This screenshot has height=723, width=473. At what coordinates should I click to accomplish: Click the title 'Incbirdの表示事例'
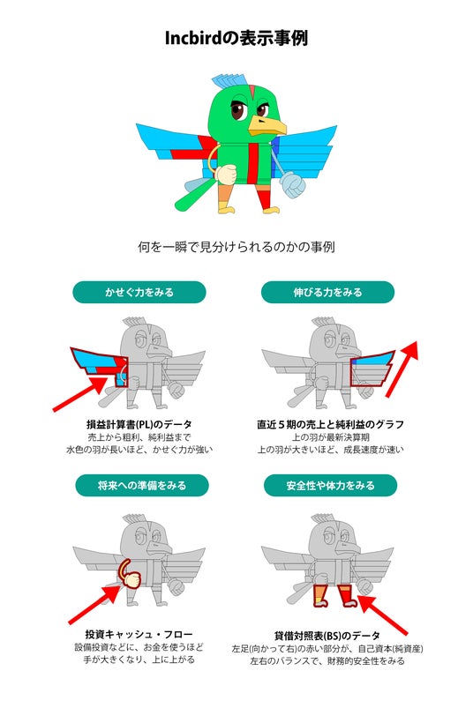(236, 38)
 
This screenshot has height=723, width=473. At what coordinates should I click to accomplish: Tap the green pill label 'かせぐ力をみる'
(139, 292)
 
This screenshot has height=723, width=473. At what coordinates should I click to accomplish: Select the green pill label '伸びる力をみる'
(327, 292)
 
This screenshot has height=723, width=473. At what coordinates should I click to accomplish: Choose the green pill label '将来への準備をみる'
(142, 485)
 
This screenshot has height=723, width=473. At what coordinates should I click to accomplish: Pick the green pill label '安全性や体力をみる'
(330, 485)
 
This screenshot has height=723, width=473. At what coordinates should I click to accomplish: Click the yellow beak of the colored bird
(267, 125)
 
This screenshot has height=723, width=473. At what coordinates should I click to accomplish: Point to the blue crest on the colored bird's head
(229, 83)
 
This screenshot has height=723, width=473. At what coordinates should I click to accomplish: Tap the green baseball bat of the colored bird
(196, 195)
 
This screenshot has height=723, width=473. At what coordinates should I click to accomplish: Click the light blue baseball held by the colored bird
(293, 184)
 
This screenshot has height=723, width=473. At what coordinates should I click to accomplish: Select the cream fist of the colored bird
(226, 175)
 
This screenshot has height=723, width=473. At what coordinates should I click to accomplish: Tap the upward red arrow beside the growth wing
(402, 369)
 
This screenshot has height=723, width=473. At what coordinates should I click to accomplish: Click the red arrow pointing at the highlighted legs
(383, 615)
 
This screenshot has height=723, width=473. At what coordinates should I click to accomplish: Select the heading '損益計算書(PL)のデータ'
(139, 424)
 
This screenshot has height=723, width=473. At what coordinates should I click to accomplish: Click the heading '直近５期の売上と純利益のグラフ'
(330, 424)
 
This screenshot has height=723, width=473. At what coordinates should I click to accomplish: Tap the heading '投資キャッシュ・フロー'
(139, 634)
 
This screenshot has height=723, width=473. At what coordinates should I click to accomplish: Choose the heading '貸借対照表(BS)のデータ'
(327, 636)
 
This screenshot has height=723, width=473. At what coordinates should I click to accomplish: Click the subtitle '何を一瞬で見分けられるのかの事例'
(236, 247)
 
